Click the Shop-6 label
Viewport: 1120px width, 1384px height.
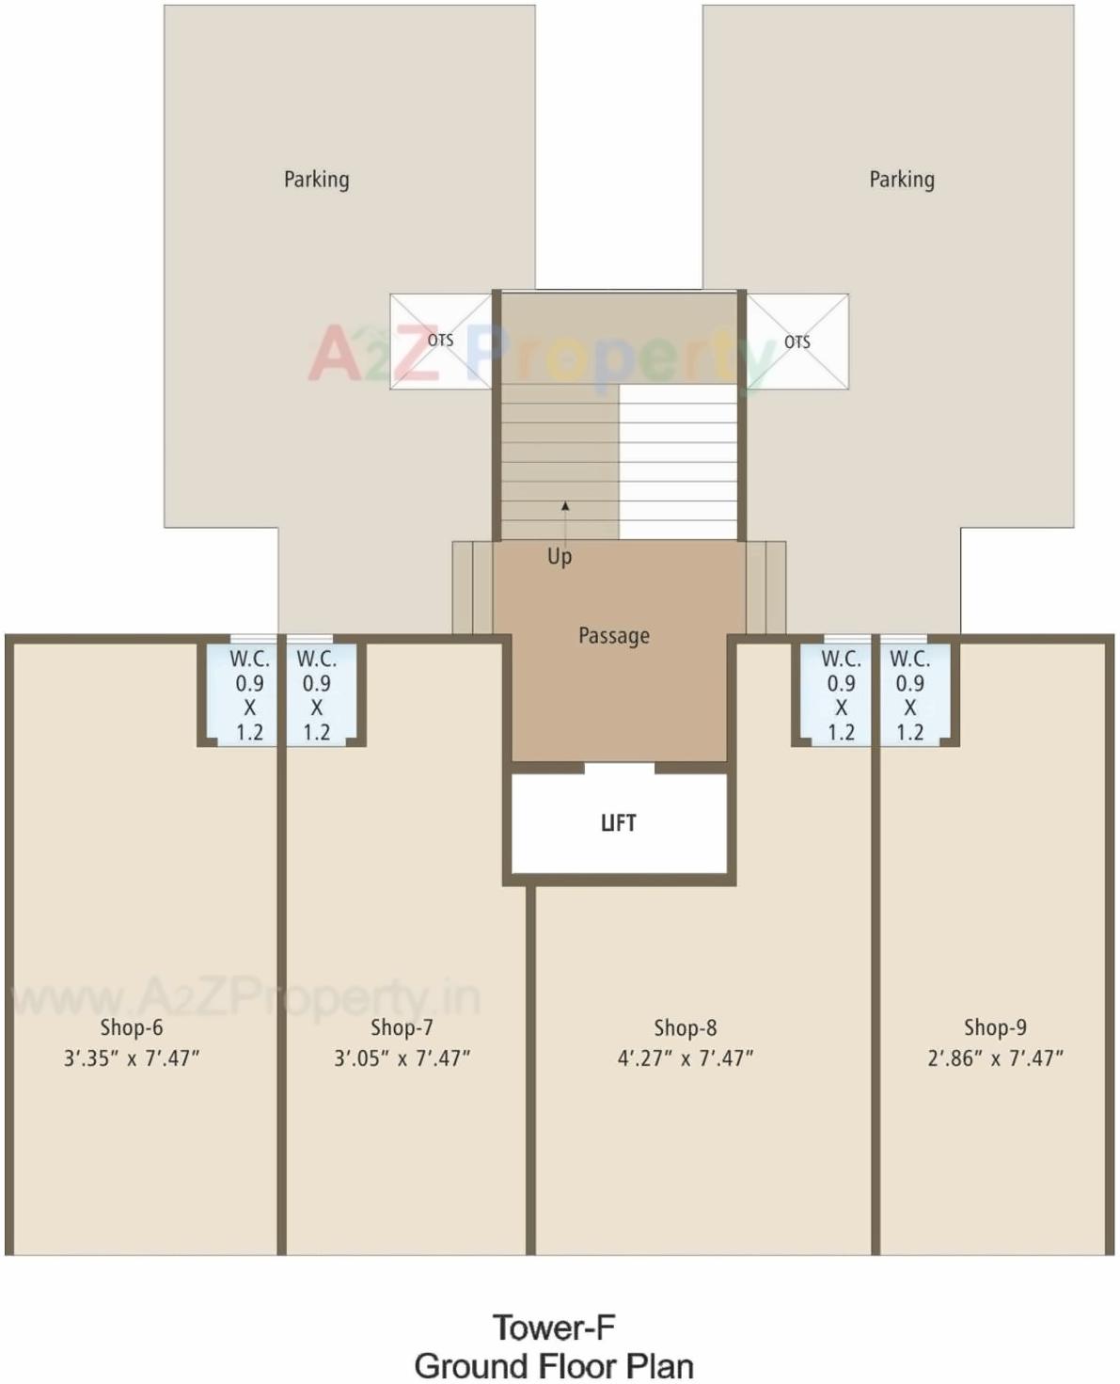click(132, 1027)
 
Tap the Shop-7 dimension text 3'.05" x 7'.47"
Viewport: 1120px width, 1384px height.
click(402, 1058)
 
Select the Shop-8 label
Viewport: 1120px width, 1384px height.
click(685, 1027)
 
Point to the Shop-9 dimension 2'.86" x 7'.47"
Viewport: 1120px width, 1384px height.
click(995, 1058)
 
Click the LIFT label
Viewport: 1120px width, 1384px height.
click(618, 823)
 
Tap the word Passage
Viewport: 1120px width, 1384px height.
click(613, 636)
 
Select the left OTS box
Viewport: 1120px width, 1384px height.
click(440, 341)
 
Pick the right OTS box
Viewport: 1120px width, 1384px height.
click(797, 342)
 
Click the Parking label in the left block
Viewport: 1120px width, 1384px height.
click(316, 179)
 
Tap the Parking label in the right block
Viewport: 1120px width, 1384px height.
click(901, 179)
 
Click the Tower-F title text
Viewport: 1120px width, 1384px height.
click(554, 1328)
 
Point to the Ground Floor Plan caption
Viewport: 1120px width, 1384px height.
click(554, 1365)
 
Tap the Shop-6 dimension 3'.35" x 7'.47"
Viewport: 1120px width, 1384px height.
click(132, 1058)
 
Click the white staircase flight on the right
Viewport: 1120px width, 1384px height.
click(677, 461)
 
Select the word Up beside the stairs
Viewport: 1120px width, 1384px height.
click(560, 556)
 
